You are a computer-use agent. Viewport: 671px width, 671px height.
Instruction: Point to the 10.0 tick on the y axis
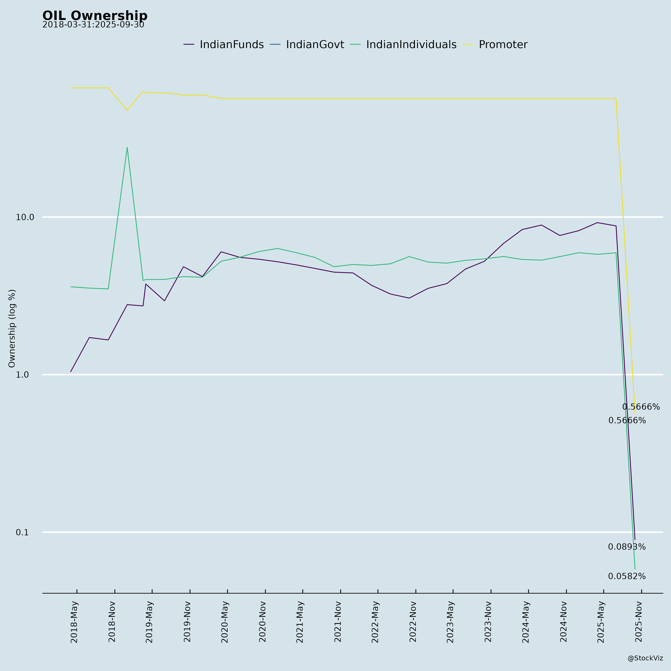pyautogui.click(x=25, y=217)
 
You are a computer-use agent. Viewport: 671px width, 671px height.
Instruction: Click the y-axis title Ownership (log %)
pyautogui.click(x=12, y=328)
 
